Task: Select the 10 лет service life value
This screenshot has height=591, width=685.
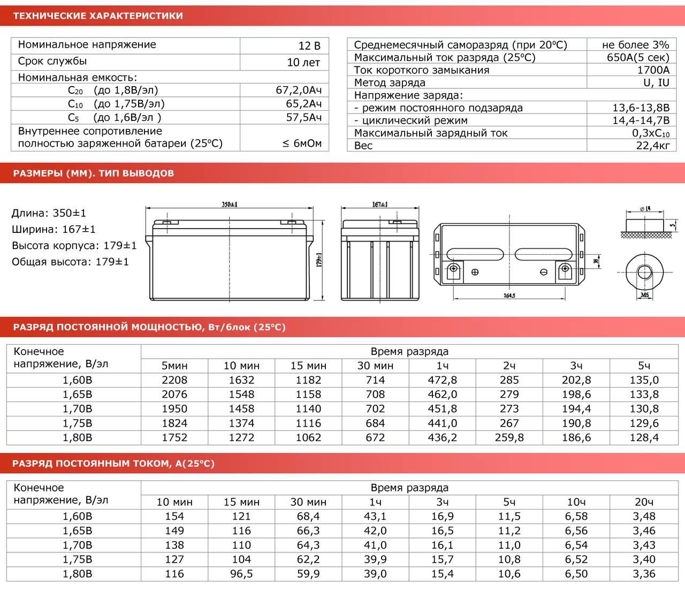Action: (303, 62)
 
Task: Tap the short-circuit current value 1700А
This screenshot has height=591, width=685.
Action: (653, 70)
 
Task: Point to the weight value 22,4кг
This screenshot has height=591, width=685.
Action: (653, 145)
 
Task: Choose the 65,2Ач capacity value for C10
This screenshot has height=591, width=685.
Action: (303, 104)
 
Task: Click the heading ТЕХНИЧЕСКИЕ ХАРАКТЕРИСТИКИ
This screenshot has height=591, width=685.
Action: (97, 16)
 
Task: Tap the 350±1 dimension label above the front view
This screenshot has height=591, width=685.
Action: (230, 204)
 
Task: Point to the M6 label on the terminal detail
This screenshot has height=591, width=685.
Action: (645, 294)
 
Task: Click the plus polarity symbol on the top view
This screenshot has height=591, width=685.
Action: (475, 272)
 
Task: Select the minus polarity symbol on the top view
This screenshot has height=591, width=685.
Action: (543, 272)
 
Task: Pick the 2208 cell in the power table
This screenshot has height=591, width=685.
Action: (174, 380)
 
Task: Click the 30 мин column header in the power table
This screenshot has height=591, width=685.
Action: (375, 366)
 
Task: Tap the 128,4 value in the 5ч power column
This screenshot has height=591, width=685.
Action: (644, 437)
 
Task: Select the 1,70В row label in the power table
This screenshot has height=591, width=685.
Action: (77, 408)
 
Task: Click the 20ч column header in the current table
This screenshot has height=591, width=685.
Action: (644, 502)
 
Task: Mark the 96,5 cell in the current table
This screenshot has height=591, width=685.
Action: (241, 573)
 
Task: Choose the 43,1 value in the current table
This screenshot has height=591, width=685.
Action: (375, 516)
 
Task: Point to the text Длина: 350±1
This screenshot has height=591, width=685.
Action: (49, 214)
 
